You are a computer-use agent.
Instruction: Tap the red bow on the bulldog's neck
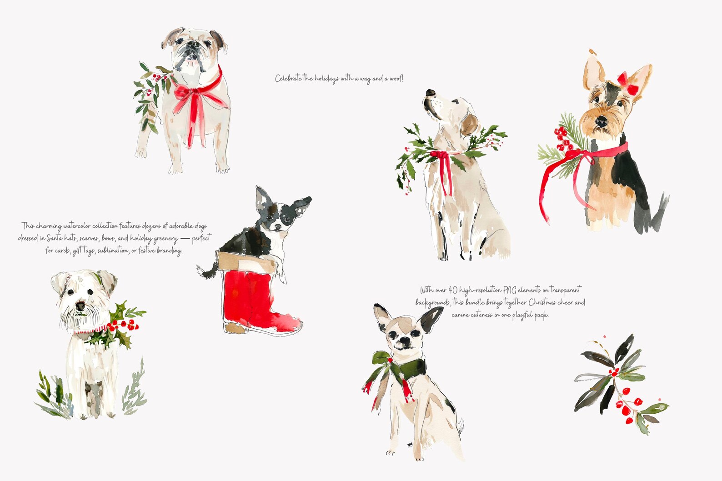click(191, 93)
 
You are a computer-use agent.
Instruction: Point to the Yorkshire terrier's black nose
click(601, 121)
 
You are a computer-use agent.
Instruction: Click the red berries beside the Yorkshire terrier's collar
click(562, 139)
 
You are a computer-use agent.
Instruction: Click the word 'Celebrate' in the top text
click(288, 79)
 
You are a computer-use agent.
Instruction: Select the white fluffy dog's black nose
click(80, 306)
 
